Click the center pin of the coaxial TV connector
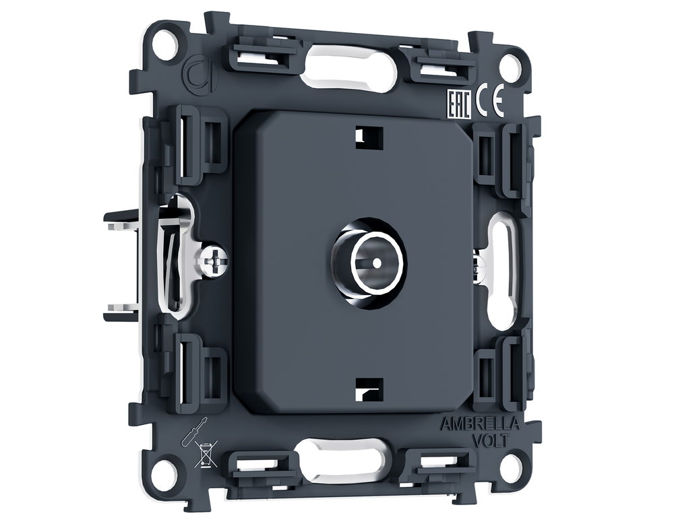(x=377, y=262)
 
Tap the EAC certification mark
(x=458, y=104)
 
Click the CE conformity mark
(x=489, y=102)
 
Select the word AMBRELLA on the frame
(x=480, y=424)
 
